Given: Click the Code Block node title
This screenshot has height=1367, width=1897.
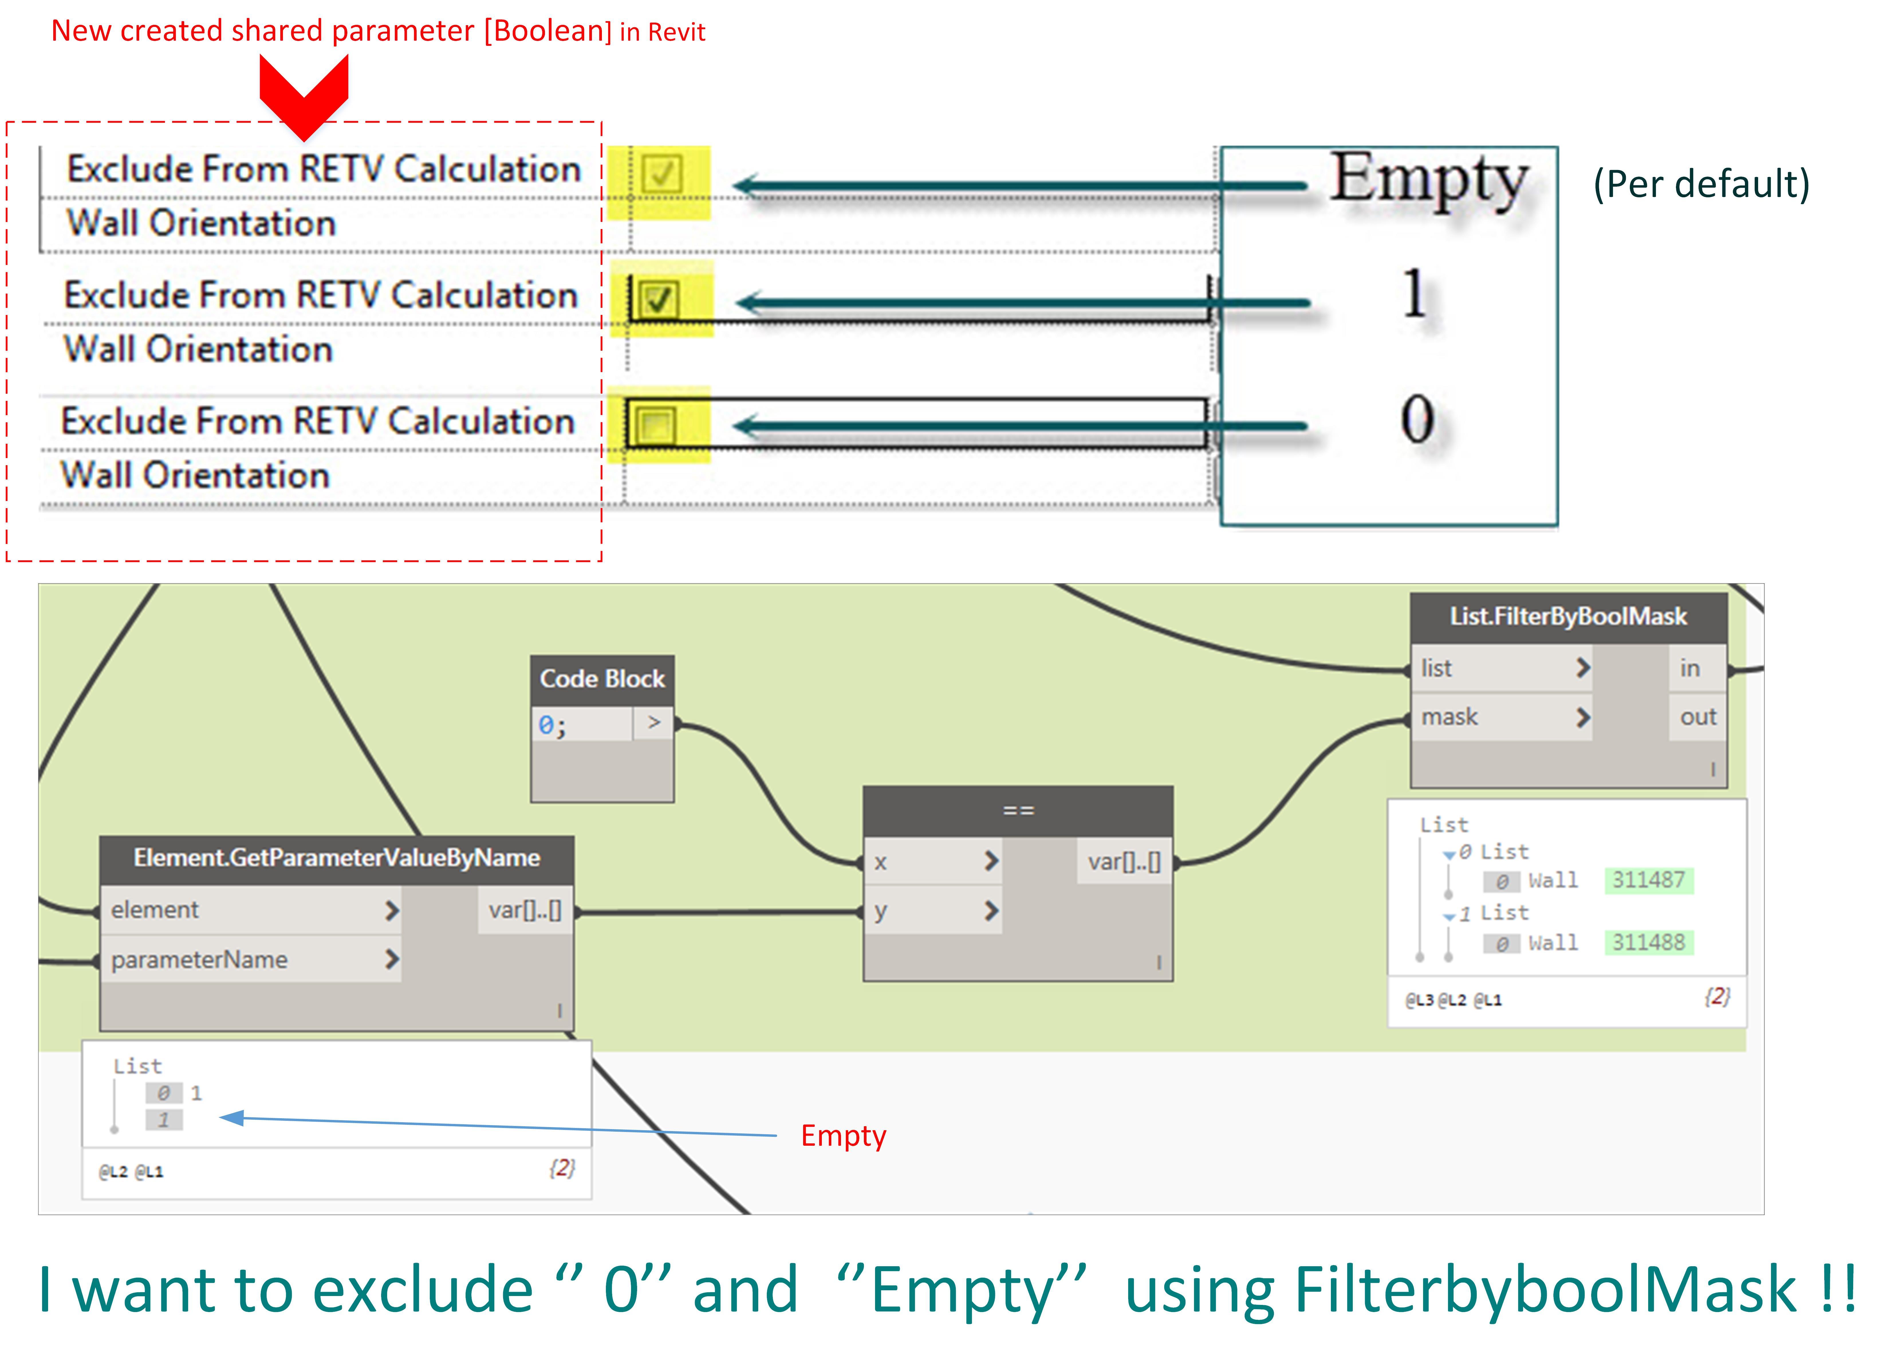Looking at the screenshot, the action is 602,678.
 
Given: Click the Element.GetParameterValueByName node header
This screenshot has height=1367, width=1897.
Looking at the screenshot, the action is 336,858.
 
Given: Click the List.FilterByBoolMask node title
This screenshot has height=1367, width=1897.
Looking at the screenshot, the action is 1568,616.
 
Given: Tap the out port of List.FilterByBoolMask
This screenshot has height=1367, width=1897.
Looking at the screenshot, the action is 1698,717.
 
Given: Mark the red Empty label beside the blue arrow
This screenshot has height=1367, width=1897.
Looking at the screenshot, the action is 843,1135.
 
